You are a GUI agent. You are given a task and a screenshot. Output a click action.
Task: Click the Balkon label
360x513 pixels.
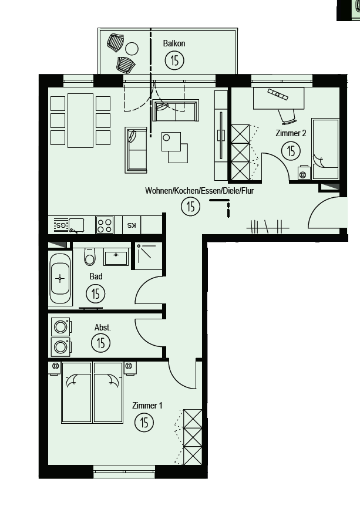(x=174, y=43)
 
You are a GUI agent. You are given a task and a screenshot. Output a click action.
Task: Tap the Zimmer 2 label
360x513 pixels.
(x=291, y=133)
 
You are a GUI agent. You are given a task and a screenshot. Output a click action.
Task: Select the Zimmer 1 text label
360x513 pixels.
(x=147, y=406)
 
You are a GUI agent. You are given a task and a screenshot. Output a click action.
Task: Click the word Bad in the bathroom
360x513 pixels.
(x=96, y=276)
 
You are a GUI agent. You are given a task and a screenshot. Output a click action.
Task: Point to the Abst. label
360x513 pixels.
(x=102, y=328)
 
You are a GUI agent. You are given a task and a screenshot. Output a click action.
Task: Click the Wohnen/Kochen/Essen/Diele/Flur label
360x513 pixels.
(x=200, y=191)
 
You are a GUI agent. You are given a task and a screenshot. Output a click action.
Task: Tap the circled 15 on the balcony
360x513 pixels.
(x=175, y=60)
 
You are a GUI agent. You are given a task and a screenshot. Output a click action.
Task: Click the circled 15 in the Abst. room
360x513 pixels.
(x=101, y=343)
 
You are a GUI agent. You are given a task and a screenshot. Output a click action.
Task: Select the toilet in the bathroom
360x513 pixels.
(x=90, y=256)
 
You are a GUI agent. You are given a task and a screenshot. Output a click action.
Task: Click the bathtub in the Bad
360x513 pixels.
(x=60, y=279)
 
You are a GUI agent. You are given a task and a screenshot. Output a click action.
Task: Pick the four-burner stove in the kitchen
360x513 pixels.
(x=105, y=225)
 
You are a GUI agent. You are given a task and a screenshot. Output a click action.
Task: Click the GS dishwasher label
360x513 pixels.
(x=61, y=225)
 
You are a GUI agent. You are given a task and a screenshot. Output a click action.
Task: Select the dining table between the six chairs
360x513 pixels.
(x=80, y=121)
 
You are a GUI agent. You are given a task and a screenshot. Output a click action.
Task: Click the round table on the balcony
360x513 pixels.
(x=132, y=49)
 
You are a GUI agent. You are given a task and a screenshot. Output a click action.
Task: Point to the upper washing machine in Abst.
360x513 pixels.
(x=61, y=327)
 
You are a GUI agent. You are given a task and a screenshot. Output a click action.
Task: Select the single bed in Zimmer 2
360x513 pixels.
(x=325, y=149)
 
